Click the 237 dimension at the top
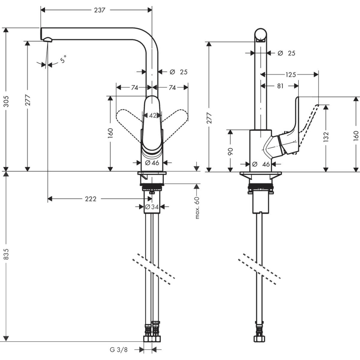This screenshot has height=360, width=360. coord(99,10)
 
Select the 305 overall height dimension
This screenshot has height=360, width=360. coord(6,101)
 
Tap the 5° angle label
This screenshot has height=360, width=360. coord(63,60)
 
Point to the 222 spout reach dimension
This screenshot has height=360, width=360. coord(90,199)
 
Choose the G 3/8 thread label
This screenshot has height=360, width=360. coord(118,349)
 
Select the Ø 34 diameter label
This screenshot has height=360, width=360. coord(152,207)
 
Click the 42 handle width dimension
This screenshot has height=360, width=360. coord(152,115)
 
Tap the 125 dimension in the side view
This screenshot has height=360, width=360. coord(291,74)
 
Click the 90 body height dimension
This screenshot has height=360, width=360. coord(230,151)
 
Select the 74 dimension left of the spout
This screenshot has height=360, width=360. coord(134,88)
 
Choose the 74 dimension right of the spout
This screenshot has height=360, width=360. coord(172,88)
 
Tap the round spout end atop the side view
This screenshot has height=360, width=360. coord(261,35)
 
